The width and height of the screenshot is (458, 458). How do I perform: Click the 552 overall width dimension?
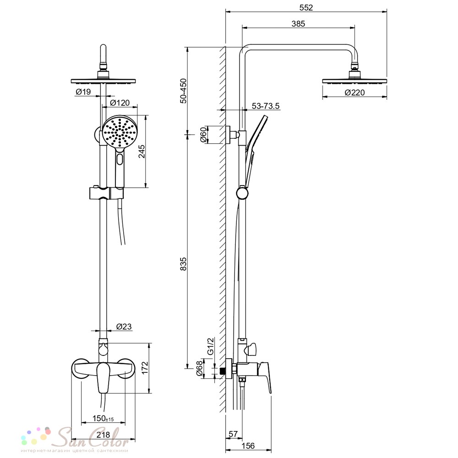pos(306,8)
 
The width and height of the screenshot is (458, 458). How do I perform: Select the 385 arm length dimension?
pos(298,24)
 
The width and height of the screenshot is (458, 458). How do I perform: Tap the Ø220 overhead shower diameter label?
pos(354,93)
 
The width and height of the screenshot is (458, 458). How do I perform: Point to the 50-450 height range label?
pos(183,91)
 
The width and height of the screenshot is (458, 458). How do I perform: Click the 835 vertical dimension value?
pos(183,264)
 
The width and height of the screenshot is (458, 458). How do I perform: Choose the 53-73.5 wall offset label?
pos(266,106)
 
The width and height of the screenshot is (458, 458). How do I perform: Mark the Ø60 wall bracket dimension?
pos(203,135)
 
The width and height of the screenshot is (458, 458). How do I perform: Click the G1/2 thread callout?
pos(211,346)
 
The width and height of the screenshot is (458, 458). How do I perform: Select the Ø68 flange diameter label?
pos(199,369)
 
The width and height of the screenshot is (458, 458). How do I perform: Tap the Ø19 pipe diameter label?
pos(83,92)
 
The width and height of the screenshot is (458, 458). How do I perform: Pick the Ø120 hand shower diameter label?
pos(120,103)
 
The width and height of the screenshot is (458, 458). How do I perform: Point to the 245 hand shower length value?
pos(142,151)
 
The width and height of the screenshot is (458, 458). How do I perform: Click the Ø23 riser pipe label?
pos(124,326)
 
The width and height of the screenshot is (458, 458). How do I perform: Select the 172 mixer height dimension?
pos(145,368)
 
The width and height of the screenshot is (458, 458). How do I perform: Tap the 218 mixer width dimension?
pos(103,435)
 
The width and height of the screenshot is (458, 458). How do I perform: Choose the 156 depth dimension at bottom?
pos(248,446)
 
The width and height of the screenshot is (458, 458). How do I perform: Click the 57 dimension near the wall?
pos(233,434)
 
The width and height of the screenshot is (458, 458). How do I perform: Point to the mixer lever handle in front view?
pos(103,377)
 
